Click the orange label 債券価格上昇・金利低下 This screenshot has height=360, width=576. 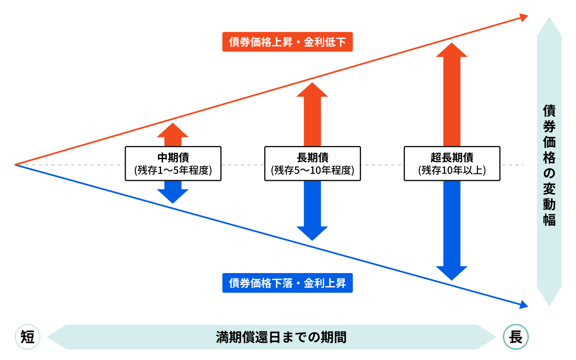tap(287, 42)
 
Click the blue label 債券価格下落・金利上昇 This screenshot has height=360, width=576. tap(287, 283)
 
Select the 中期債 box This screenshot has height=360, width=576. tap(173, 163)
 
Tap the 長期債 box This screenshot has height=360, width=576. tap(312, 163)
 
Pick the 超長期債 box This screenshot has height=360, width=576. tap(452, 163)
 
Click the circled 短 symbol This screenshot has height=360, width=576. tap(27, 337)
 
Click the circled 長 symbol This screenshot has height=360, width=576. tap(516, 337)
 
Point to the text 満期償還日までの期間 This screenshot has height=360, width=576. tap(281, 337)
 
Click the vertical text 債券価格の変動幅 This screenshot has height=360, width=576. tap(549, 165)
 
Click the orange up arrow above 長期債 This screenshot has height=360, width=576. tap(312, 115)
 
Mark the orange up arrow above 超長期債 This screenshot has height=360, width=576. tap(452, 94)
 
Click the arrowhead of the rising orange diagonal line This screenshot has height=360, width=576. tap(523, 18)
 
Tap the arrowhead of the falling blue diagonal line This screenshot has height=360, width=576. tap(523, 305)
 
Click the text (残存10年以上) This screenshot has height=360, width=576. tap(452, 170)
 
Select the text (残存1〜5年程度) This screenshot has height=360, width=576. tap(173, 170)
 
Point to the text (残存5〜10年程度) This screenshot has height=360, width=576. tap(312, 170)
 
